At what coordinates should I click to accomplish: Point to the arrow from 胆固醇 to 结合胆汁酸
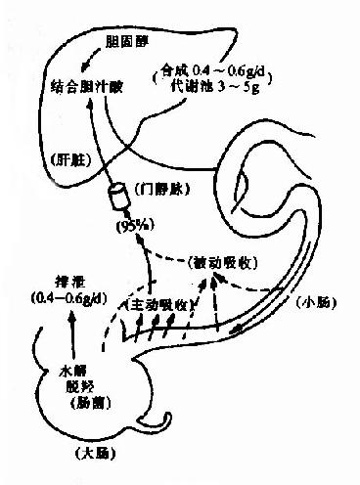pos(96,61)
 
